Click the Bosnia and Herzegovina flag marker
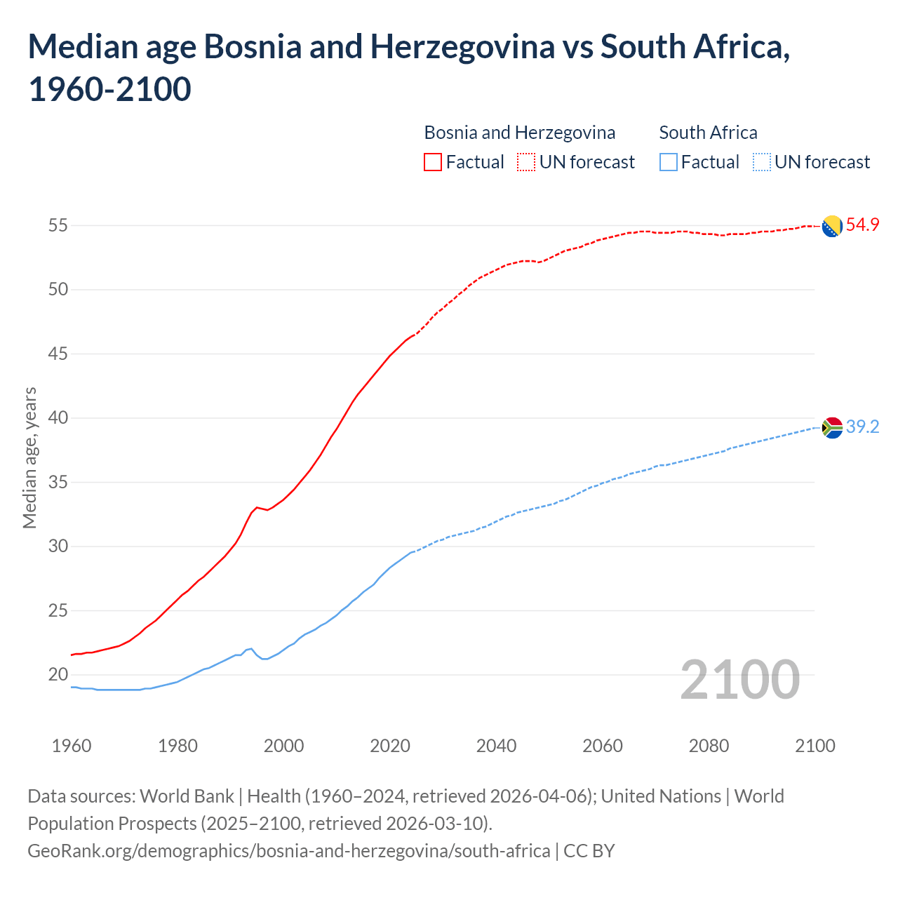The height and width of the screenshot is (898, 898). pyautogui.click(x=832, y=226)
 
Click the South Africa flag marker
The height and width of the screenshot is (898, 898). pyautogui.click(x=832, y=427)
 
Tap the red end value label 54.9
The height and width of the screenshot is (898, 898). pyautogui.click(x=862, y=225)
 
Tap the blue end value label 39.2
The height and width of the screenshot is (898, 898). pyautogui.click(x=862, y=427)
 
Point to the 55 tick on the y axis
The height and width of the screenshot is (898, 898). pyautogui.click(x=58, y=226)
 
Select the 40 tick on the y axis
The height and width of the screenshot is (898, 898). pyautogui.click(x=58, y=418)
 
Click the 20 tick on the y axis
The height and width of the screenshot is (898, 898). pyautogui.click(x=58, y=675)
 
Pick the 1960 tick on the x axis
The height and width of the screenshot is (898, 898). pyautogui.click(x=72, y=746)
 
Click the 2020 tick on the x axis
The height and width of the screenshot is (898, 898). pyautogui.click(x=390, y=746)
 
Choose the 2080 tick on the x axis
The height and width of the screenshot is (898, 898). pyautogui.click(x=709, y=746)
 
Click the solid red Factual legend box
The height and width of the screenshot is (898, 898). pyautogui.click(x=433, y=163)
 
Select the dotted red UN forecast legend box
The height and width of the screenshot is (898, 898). pyautogui.click(x=526, y=163)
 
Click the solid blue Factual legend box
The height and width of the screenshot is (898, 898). pyautogui.click(x=669, y=163)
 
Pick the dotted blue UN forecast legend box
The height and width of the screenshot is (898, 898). pyautogui.click(x=761, y=163)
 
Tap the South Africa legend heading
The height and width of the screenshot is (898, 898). pyautogui.click(x=708, y=133)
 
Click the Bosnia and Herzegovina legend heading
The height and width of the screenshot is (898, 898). pyautogui.click(x=519, y=133)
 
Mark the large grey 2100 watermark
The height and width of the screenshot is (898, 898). pyautogui.click(x=739, y=680)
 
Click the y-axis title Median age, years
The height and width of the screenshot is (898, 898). pyautogui.click(x=29, y=457)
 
